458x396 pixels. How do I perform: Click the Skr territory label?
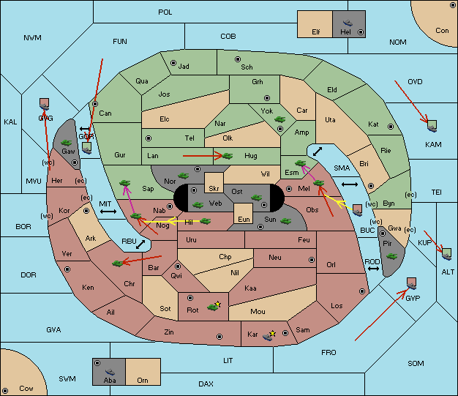tap(214, 189)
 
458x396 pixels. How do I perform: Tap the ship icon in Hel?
tap(348, 23)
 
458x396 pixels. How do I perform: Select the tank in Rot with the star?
tap(214, 306)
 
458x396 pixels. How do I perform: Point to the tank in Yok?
tap(279, 119)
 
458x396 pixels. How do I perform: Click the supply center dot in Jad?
tap(173, 63)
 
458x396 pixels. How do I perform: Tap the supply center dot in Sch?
tap(238, 59)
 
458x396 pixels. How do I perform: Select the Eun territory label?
tap(244, 219)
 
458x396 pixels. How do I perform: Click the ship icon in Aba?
tap(110, 372)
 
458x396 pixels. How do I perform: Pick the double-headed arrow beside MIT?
tap(108, 212)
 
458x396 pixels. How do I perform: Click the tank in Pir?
tap(391, 256)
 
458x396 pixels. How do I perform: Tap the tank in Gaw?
tap(66, 143)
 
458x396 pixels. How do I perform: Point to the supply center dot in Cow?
tap(5, 390)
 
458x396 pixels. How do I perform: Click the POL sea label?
tap(165, 12)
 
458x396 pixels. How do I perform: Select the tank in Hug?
tap(228, 156)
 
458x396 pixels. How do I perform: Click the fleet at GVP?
tap(412, 283)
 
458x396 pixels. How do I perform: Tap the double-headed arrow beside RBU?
tap(140, 244)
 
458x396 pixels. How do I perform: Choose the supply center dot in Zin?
tap(219, 337)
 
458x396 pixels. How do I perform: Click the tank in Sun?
tap(285, 221)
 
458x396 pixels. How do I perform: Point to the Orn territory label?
tap(143, 380)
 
